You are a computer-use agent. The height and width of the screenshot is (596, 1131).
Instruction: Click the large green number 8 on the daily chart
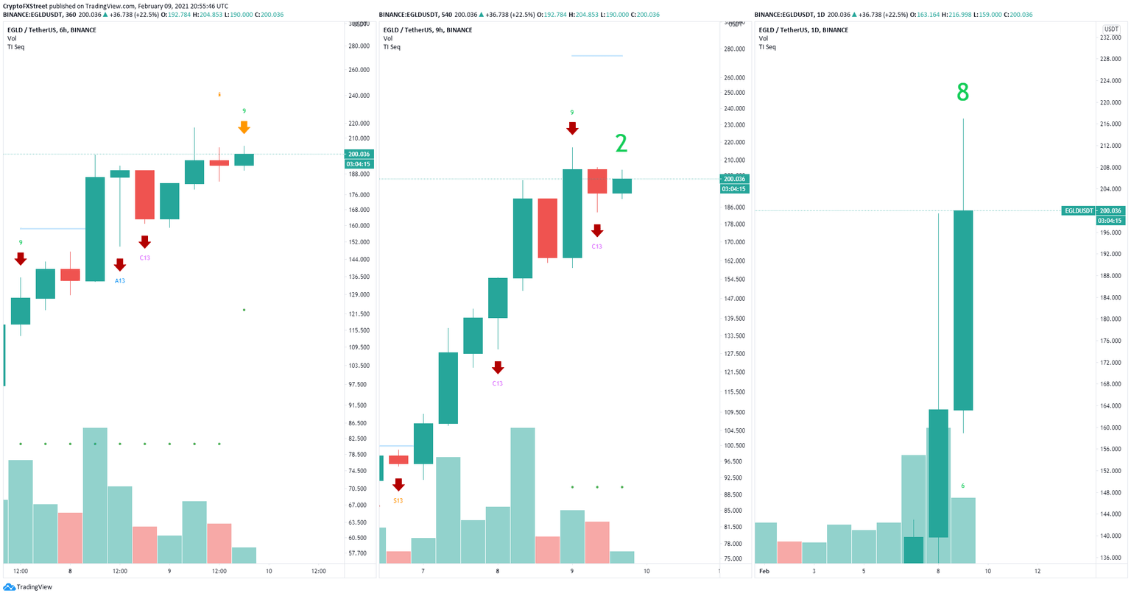(962, 93)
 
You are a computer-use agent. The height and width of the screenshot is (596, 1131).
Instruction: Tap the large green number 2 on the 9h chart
(621, 143)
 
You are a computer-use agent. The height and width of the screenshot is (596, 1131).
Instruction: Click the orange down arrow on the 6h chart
(244, 127)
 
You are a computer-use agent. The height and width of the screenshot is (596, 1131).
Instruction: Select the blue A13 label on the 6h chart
(120, 280)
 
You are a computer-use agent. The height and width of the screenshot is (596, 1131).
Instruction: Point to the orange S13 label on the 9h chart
(398, 500)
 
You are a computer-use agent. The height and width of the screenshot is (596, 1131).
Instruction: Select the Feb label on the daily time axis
(764, 571)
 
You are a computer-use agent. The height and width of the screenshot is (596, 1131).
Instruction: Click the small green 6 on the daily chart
(962, 486)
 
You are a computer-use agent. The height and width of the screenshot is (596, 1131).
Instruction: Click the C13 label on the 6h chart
(144, 258)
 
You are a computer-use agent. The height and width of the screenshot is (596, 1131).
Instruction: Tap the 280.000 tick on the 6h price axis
(359, 46)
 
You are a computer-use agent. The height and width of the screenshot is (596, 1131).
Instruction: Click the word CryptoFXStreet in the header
(27, 6)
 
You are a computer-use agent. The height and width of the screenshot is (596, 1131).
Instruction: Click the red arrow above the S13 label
(398, 484)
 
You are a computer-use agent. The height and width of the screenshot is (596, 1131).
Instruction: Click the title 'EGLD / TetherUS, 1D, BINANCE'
(804, 30)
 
